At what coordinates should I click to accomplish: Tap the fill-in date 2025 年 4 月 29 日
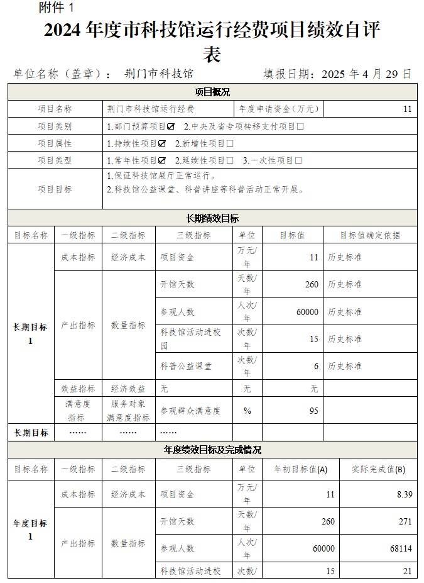point(366,74)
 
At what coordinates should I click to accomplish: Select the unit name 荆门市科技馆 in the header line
point(159,74)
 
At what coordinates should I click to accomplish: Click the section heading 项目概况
point(212,92)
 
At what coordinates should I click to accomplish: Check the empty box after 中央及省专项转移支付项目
point(300,126)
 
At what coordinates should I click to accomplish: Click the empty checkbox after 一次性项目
point(299,160)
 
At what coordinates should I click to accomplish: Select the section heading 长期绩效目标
point(212,218)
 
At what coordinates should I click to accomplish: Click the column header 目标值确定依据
point(370,235)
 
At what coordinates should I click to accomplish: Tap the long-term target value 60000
point(307,312)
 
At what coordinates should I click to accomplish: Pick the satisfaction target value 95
point(313,411)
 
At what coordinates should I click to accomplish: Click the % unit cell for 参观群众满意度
point(247,411)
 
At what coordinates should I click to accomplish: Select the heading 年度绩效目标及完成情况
point(212,450)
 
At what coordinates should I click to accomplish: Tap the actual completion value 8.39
point(405,495)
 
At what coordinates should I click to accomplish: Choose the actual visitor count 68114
point(400,548)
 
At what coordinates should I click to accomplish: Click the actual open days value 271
point(405,521)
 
